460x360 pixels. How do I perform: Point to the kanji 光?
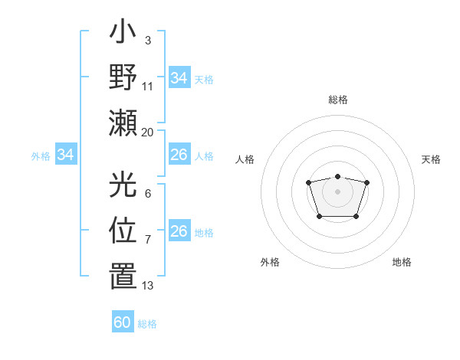click(123, 186)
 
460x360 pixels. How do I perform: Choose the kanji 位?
click(123, 231)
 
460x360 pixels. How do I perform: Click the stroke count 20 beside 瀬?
click(147, 132)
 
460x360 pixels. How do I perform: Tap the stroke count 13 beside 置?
click(147, 286)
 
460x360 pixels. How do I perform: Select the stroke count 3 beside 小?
click(147, 39)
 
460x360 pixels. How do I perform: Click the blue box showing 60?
click(123, 322)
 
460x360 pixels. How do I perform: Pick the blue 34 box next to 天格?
click(179, 78)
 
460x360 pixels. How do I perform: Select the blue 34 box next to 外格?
click(66, 155)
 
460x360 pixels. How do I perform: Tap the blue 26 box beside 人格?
click(179, 155)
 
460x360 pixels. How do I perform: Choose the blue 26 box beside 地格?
click(179, 232)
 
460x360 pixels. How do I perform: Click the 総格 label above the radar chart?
click(337, 100)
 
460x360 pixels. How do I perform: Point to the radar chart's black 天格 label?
click(431, 159)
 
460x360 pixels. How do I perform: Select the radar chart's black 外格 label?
click(270, 262)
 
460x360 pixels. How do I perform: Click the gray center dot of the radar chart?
click(337, 191)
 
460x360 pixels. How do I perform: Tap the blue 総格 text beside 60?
click(147, 324)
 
